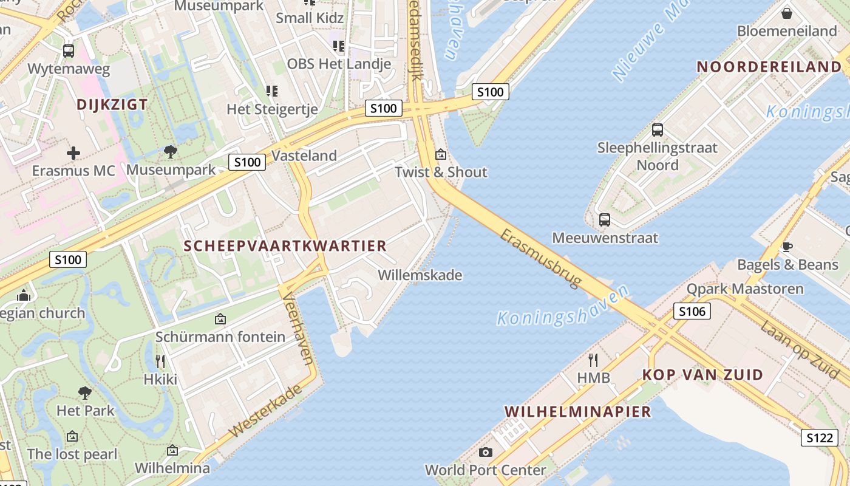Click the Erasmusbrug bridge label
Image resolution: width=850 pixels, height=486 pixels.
[x=541, y=259]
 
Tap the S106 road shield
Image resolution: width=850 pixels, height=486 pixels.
[x=692, y=312]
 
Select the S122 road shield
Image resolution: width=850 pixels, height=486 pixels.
[x=819, y=437]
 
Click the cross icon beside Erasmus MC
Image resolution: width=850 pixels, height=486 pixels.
[x=73, y=153]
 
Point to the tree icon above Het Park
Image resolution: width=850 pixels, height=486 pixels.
[x=85, y=393]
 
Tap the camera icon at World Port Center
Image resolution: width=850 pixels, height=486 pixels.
[x=485, y=453]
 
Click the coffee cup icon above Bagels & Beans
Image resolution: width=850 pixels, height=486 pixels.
[x=787, y=247]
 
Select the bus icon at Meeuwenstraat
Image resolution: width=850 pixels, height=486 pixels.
[x=605, y=220]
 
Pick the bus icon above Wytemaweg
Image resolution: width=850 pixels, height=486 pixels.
[x=69, y=51]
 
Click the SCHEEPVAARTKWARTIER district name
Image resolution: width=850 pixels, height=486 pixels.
[x=285, y=246]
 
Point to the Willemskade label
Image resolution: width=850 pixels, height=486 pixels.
[x=420, y=275]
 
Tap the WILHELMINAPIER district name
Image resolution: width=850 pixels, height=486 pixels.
[x=577, y=412]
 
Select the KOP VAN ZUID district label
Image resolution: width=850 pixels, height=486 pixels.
[x=702, y=375]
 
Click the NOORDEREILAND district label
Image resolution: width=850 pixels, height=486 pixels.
[x=769, y=67]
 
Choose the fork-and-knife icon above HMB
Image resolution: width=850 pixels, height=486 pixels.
[x=593, y=360]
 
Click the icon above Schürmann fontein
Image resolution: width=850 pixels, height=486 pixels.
[x=220, y=319]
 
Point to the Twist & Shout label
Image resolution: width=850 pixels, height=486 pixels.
[x=441, y=172]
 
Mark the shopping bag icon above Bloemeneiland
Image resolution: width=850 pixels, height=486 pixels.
[x=787, y=13]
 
